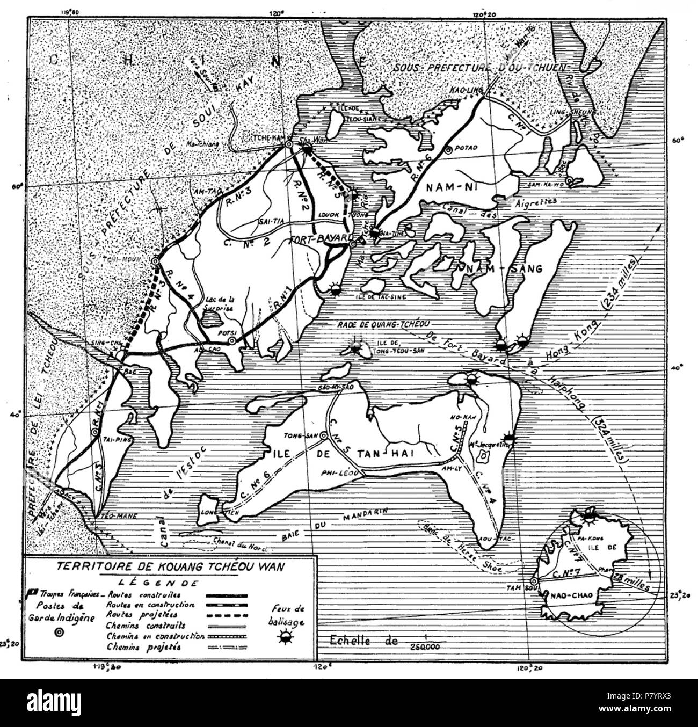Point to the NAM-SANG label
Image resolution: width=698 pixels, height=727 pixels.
(x=505, y=267)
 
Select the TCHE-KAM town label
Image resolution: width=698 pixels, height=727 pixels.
(x=267, y=137)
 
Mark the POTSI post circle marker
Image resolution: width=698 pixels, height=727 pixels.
(x=231, y=340)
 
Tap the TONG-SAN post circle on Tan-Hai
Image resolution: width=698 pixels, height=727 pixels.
(x=324, y=438)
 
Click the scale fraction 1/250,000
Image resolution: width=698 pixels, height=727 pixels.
(x=426, y=642)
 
